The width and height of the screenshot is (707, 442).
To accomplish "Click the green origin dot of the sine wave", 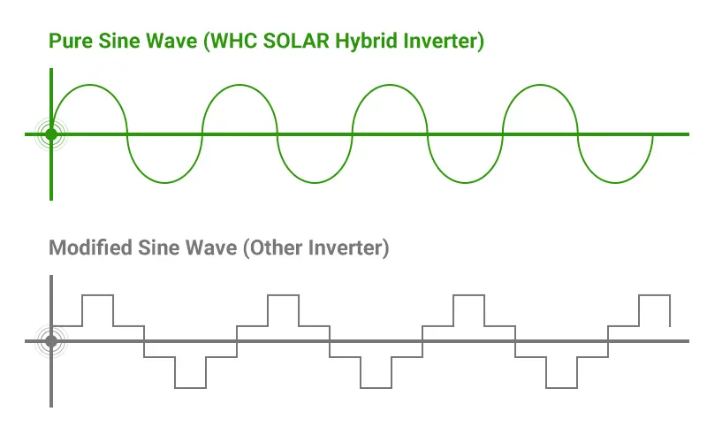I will coord(51,134).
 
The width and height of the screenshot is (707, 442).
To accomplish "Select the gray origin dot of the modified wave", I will coord(51,340).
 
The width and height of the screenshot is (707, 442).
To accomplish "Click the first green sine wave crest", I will coord(89,85).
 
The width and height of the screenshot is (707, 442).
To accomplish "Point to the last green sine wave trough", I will coord(616,184).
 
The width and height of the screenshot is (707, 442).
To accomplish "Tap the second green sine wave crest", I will coord(240,85).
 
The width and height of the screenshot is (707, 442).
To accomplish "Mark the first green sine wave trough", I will coord(164,184).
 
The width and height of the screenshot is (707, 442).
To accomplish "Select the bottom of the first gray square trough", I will coord(190,387).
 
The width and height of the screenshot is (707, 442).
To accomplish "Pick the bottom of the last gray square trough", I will coord(561,387).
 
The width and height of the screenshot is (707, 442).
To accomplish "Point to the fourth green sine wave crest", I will coord(541,85).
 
